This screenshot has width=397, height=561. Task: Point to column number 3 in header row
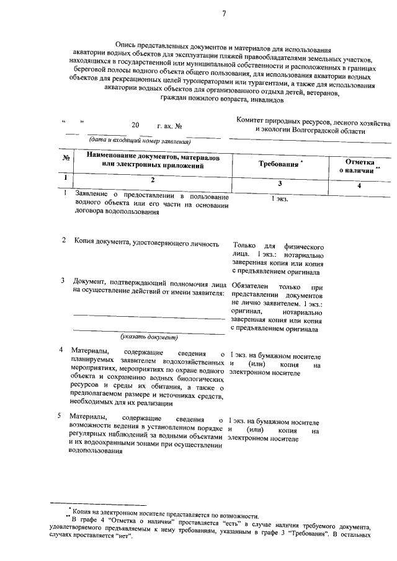click(x=279, y=184)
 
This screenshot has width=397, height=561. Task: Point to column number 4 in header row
click(x=359, y=185)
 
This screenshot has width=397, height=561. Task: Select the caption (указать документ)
click(x=149, y=337)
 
